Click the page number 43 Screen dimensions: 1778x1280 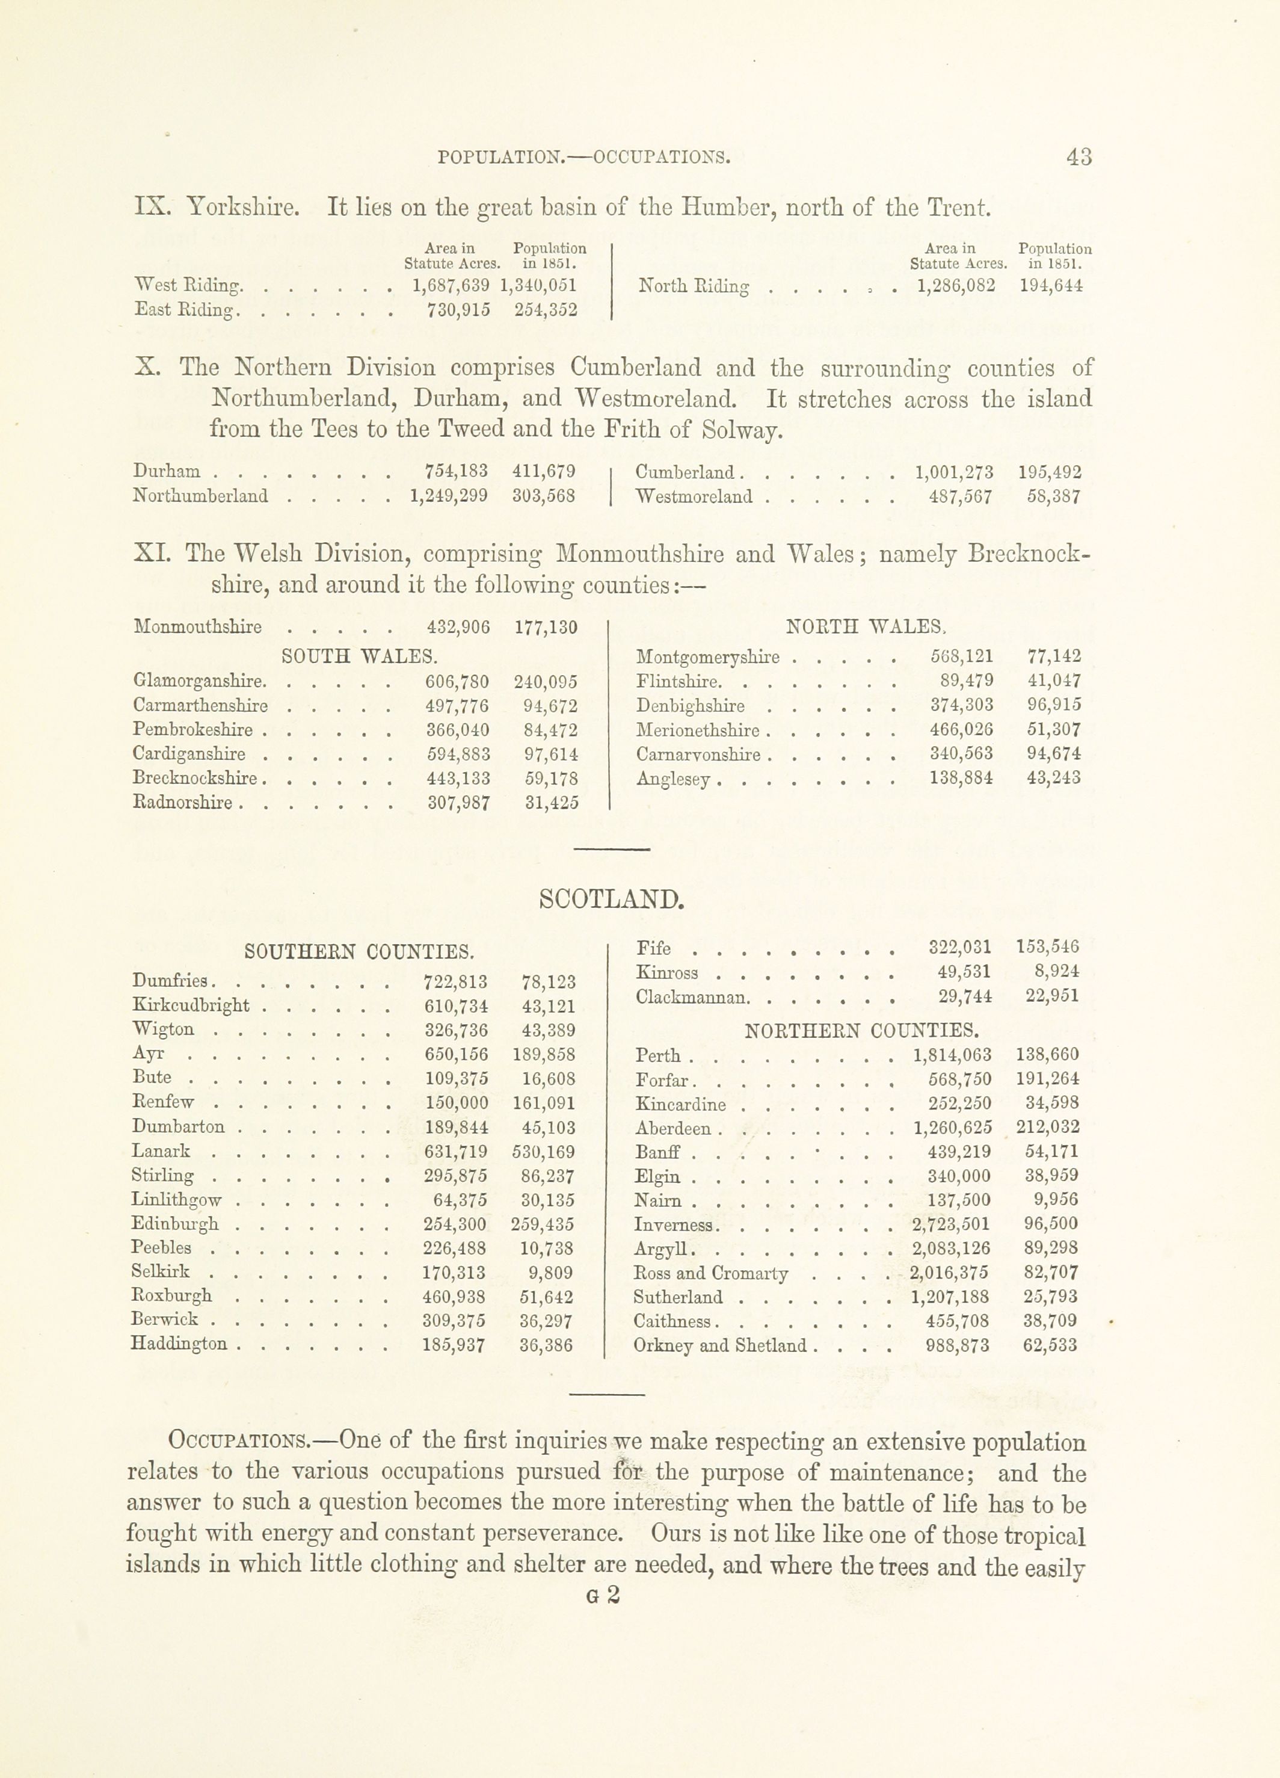[1078, 157]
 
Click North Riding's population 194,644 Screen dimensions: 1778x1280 [1051, 285]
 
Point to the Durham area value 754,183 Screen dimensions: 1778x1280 [455, 471]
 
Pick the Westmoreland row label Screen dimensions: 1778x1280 [695, 496]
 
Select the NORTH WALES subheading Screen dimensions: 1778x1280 [866, 626]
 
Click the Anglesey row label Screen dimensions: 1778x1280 [673, 779]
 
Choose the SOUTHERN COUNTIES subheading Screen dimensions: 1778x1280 [359, 952]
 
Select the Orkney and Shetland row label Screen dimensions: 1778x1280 [719, 1346]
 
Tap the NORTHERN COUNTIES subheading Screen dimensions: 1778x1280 [861, 1030]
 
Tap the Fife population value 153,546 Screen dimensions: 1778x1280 [1047, 947]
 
